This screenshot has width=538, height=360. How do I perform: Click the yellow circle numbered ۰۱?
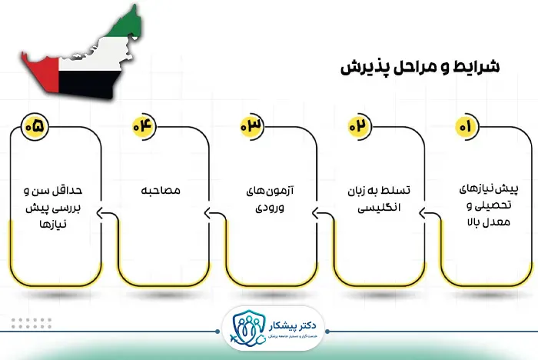point(465,125)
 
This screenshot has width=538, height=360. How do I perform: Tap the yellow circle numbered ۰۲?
point(357,125)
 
